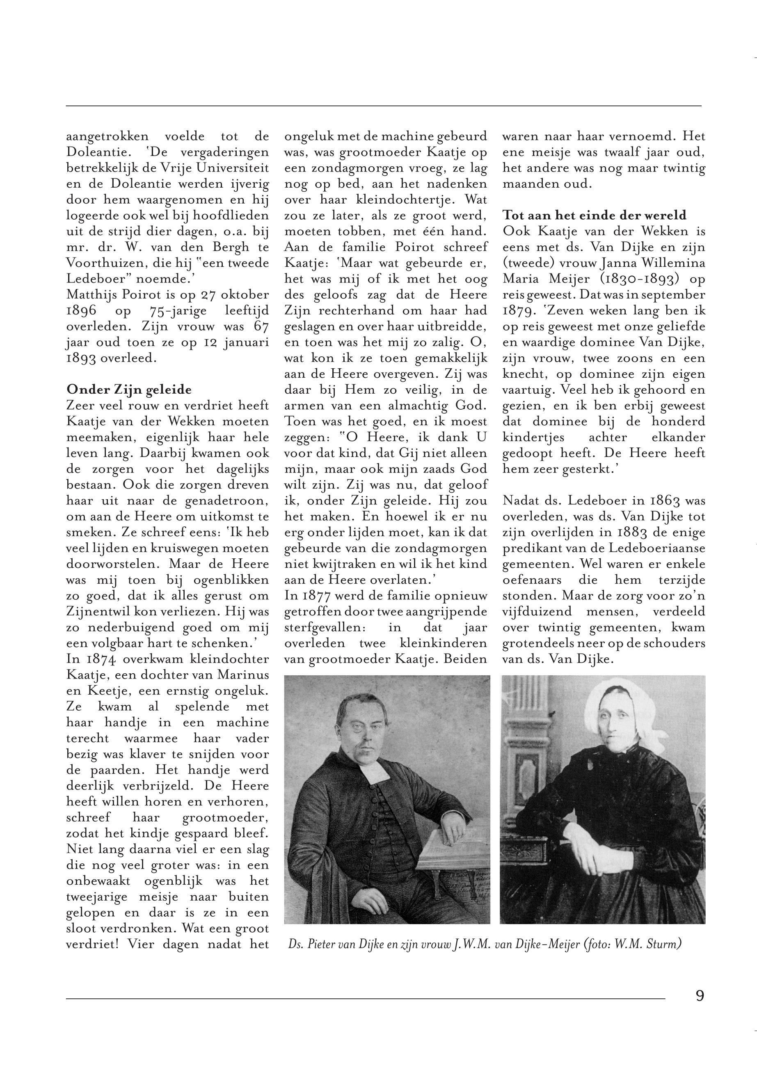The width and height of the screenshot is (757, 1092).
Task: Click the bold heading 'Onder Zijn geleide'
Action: click(129, 390)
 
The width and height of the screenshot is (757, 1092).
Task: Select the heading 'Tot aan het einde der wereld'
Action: click(594, 216)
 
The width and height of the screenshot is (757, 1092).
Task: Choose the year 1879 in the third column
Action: click(520, 310)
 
